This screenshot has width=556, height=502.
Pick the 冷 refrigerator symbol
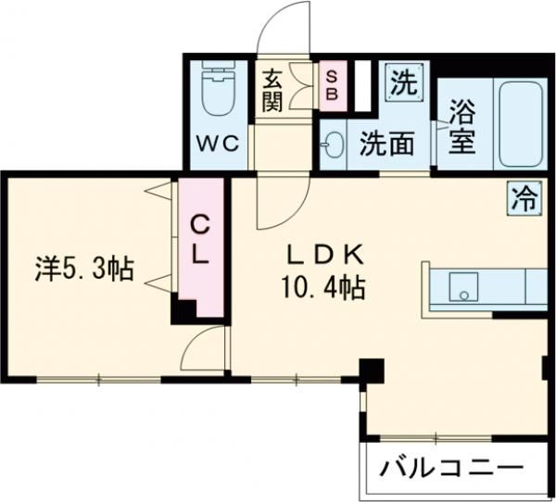(524, 196)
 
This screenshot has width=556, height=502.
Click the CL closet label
(200, 239)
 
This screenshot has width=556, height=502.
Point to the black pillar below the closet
(183, 312)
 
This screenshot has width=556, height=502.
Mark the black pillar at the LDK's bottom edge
(371, 370)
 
